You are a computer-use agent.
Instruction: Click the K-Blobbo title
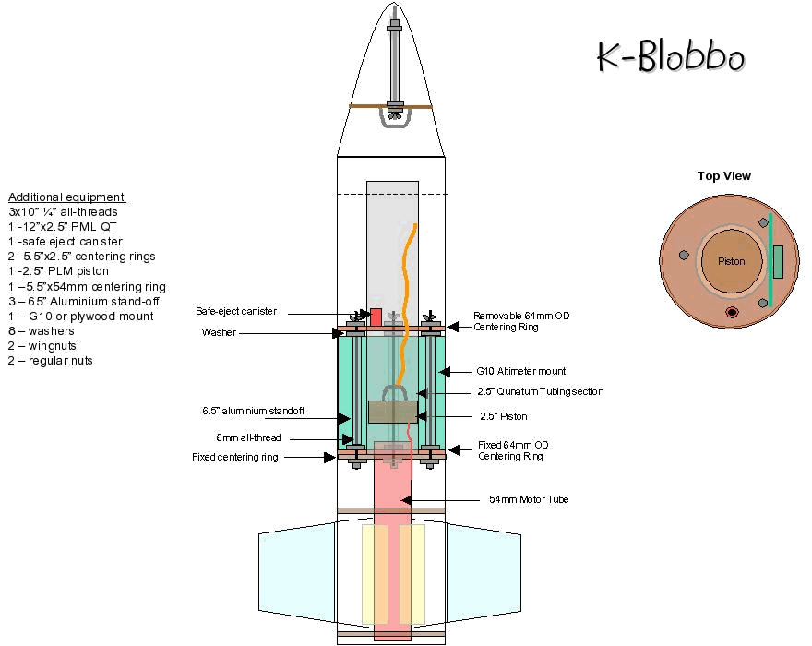[x=670, y=57]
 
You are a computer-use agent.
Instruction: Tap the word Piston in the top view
[x=731, y=261]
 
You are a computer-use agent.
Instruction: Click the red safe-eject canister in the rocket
[x=376, y=317]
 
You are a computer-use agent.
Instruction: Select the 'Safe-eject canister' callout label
[x=235, y=311]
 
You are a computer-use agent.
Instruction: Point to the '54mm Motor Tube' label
[x=529, y=500]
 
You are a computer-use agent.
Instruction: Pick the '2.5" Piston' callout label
[x=503, y=416]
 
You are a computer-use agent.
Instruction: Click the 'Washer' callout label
[x=218, y=332]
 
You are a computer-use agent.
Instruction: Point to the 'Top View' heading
[x=724, y=176]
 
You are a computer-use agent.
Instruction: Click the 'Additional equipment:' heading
[x=67, y=197]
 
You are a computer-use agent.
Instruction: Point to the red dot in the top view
[x=732, y=312]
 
